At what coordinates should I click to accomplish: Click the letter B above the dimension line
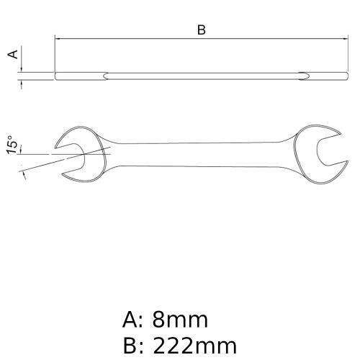click(x=202, y=30)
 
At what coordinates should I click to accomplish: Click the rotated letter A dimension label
click(x=12, y=55)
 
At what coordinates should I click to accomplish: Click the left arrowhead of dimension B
click(x=58, y=39)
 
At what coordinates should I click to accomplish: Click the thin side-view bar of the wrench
click(x=202, y=75)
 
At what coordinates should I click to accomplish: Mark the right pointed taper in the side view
click(x=303, y=75)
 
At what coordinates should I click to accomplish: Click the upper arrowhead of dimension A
click(x=22, y=67)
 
